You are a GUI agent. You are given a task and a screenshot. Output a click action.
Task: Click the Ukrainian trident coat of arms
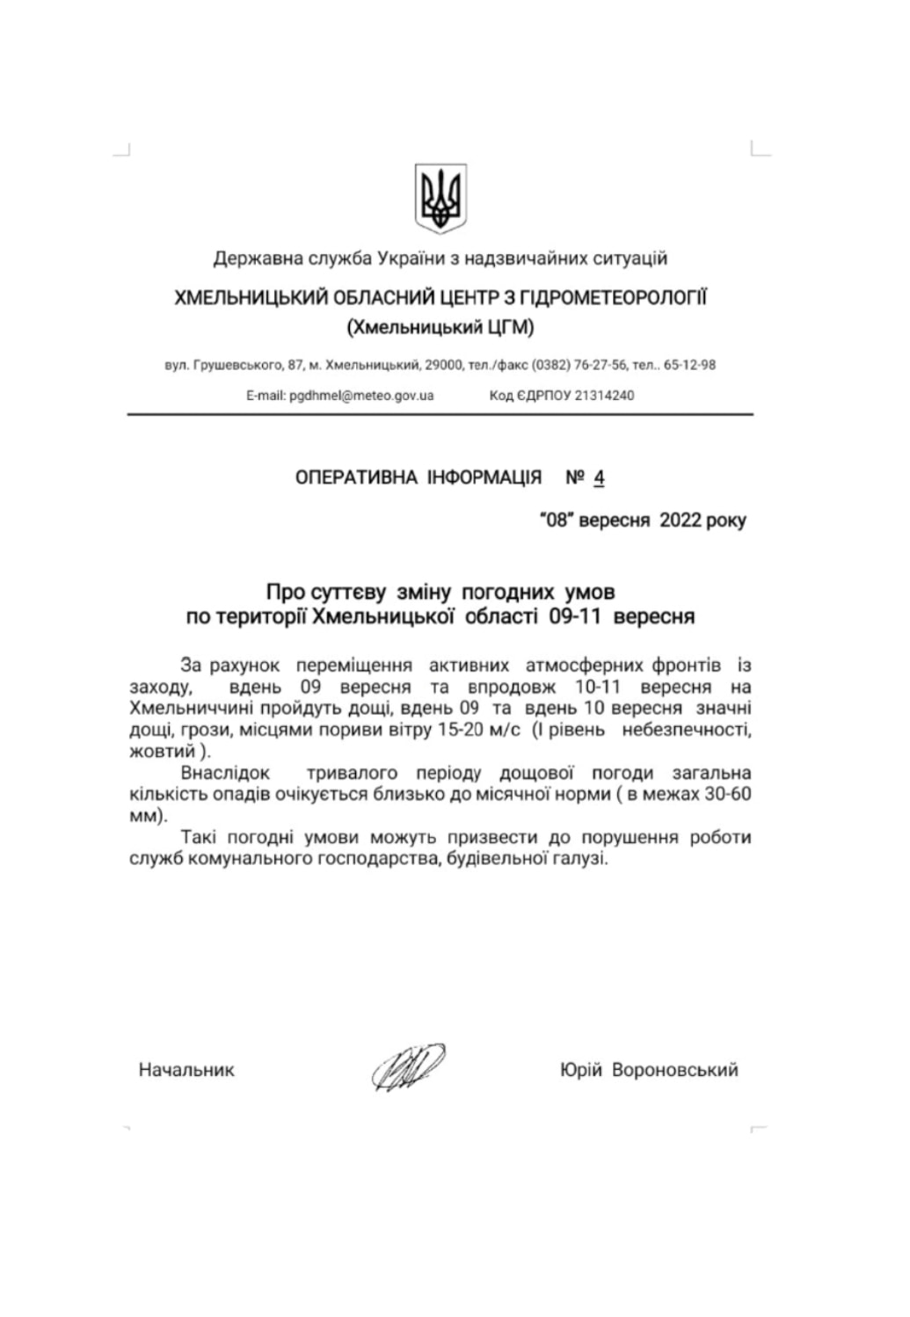[440, 198]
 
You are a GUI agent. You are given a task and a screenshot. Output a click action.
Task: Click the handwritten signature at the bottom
[408, 1068]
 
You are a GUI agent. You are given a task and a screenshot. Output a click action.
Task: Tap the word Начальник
[186, 1070]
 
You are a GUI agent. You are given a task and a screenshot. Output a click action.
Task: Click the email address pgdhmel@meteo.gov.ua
[361, 396]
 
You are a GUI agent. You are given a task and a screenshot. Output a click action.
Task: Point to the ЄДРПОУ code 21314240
[604, 396]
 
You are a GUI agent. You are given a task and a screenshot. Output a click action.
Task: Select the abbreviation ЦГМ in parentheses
[506, 328]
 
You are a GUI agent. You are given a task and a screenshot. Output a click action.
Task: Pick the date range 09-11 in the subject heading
[573, 617]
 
